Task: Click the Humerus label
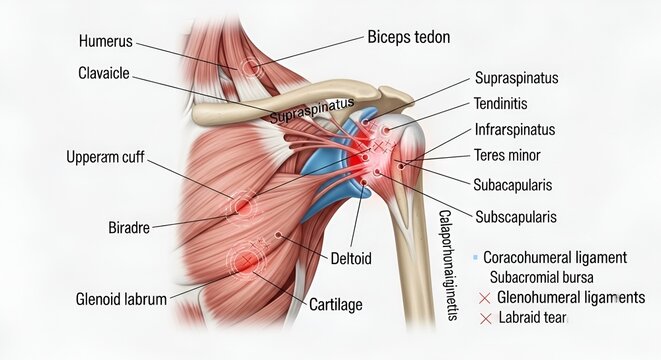pyautogui.click(x=105, y=42)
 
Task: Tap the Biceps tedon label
pyautogui.click(x=409, y=38)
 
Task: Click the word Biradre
pyautogui.click(x=128, y=228)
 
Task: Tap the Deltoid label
pyautogui.click(x=351, y=258)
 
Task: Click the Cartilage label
pyautogui.click(x=335, y=304)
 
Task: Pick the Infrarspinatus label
pyautogui.click(x=515, y=130)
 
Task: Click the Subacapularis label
pyautogui.click(x=512, y=185)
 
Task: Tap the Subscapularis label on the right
pyautogui.click(x=516, y=216)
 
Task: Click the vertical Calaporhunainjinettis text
pyautogui.click(x=446, y=266)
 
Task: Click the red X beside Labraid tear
pyautogui.click(x=486, y=318)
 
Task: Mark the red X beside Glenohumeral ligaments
pyautogui.click(x=486, y=297)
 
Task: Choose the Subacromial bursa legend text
pyautogui.click(x=541, y=276)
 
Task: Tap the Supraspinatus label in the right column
pyautogui.click(x=516, y=77)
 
